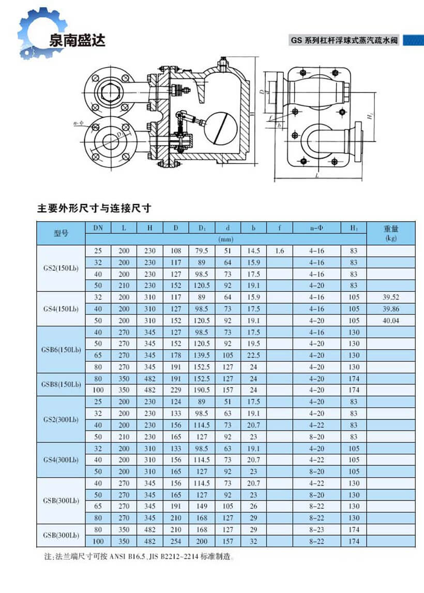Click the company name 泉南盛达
[77, 41]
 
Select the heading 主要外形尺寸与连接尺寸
[94, 209]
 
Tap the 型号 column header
[60, 233]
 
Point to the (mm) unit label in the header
[225, 240]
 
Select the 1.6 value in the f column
[280, 251]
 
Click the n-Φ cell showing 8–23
[316, 529]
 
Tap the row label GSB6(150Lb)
[60, 350]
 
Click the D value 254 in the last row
[176, 541]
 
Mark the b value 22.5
[253, 355]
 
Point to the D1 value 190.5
[202, 390]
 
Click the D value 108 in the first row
[176, 251]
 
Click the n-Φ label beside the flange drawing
[79, 124]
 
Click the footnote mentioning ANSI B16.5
[140, 557]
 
